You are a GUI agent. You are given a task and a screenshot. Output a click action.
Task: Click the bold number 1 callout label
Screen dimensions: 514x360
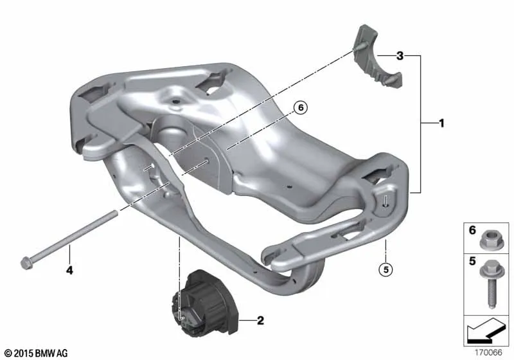point(441,123)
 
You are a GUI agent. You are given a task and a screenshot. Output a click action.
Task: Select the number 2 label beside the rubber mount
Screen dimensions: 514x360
point(260,320)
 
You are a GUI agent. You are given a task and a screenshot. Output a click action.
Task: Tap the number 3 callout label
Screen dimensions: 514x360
point(400,56)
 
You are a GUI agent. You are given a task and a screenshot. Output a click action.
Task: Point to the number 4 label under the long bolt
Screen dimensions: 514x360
point(69,271)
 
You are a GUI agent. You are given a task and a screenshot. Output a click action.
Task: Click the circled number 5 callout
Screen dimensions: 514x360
point(385,269)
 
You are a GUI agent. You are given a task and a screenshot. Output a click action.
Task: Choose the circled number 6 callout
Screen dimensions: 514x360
point(301,107)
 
